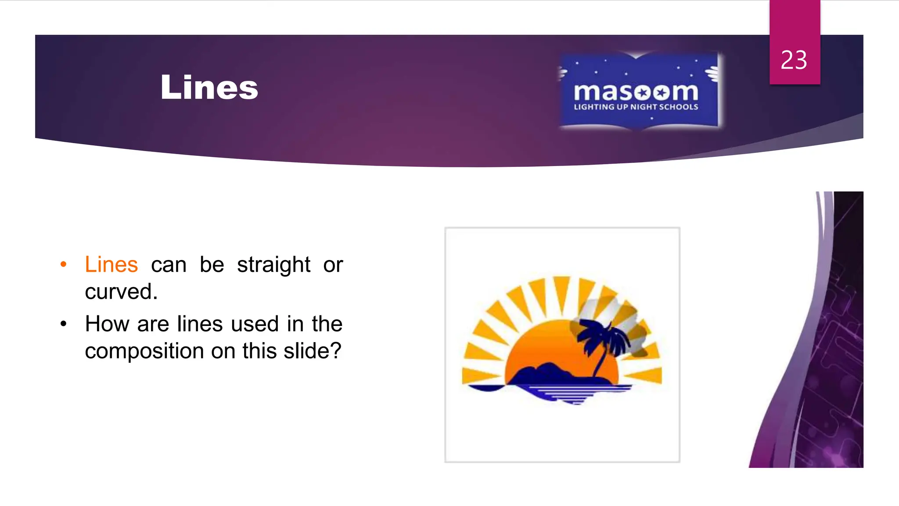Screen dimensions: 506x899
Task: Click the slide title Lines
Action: pos(209,87)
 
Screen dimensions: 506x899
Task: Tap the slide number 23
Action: pos(794,60)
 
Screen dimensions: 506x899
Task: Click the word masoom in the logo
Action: pos(636,92)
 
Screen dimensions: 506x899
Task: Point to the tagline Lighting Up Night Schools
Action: pos(636,107)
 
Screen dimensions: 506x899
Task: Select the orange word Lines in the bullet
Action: pos(111,265)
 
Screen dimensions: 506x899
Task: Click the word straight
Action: pos(273,265)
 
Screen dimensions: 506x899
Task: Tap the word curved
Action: pos(121,292)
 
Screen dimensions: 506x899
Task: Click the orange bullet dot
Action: pos(64,264)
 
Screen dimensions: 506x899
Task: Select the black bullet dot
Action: pos(64,324)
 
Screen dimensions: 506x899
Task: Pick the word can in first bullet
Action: pos(169,265)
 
